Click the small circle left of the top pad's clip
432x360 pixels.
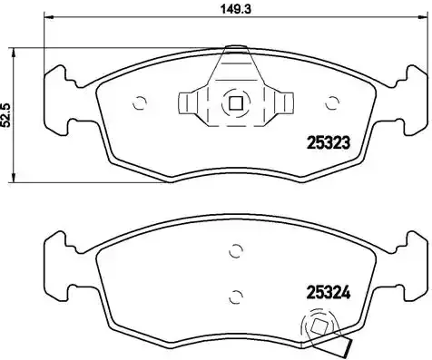pos(140,102)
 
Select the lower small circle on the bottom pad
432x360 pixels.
pos(234,294)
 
